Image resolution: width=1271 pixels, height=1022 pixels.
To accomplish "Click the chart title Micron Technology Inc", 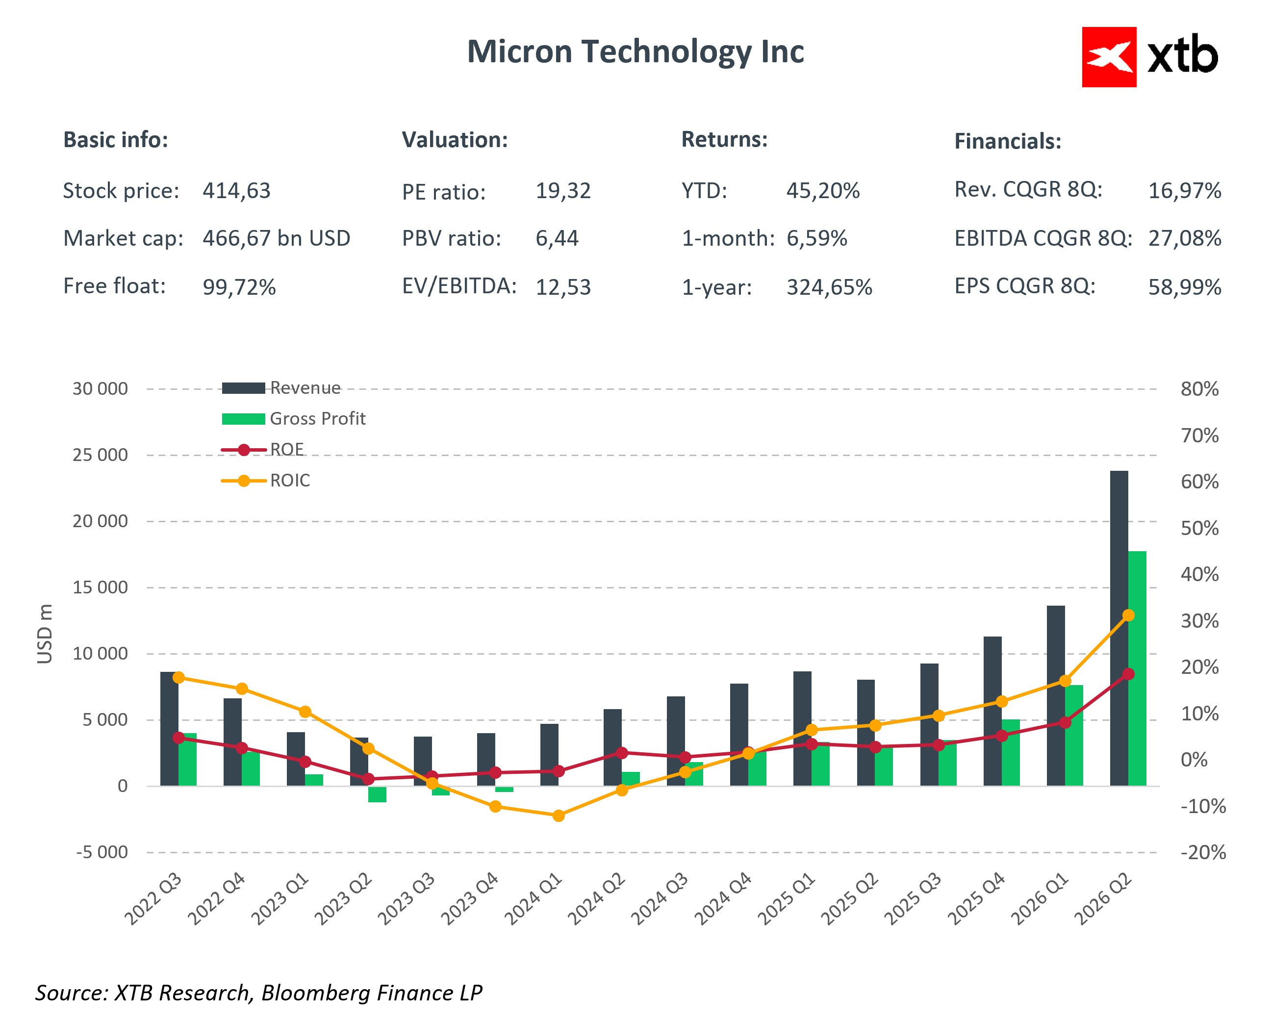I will tap(635, 52).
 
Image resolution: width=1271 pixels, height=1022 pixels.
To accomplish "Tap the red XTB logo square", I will tap(1108, 57).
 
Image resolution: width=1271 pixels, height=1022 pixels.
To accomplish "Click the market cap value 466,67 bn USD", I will tap(277, 238).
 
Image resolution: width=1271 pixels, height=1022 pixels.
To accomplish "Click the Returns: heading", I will tap(725, 140).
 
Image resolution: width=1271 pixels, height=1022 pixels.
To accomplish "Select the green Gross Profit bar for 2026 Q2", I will tap(1137, 666).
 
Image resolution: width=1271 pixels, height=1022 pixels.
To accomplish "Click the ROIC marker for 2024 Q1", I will tap(559, 816).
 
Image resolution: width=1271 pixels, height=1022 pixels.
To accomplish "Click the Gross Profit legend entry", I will tap(317, 419).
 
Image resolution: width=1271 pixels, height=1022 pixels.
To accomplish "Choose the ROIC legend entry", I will tap(289, 481).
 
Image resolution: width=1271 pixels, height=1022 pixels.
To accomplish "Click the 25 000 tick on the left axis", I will tap(100, 455).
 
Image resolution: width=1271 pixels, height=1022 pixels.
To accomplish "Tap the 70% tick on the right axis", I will tap(1199, 436).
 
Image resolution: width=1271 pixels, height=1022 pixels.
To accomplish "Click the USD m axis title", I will tap(45, 634).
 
